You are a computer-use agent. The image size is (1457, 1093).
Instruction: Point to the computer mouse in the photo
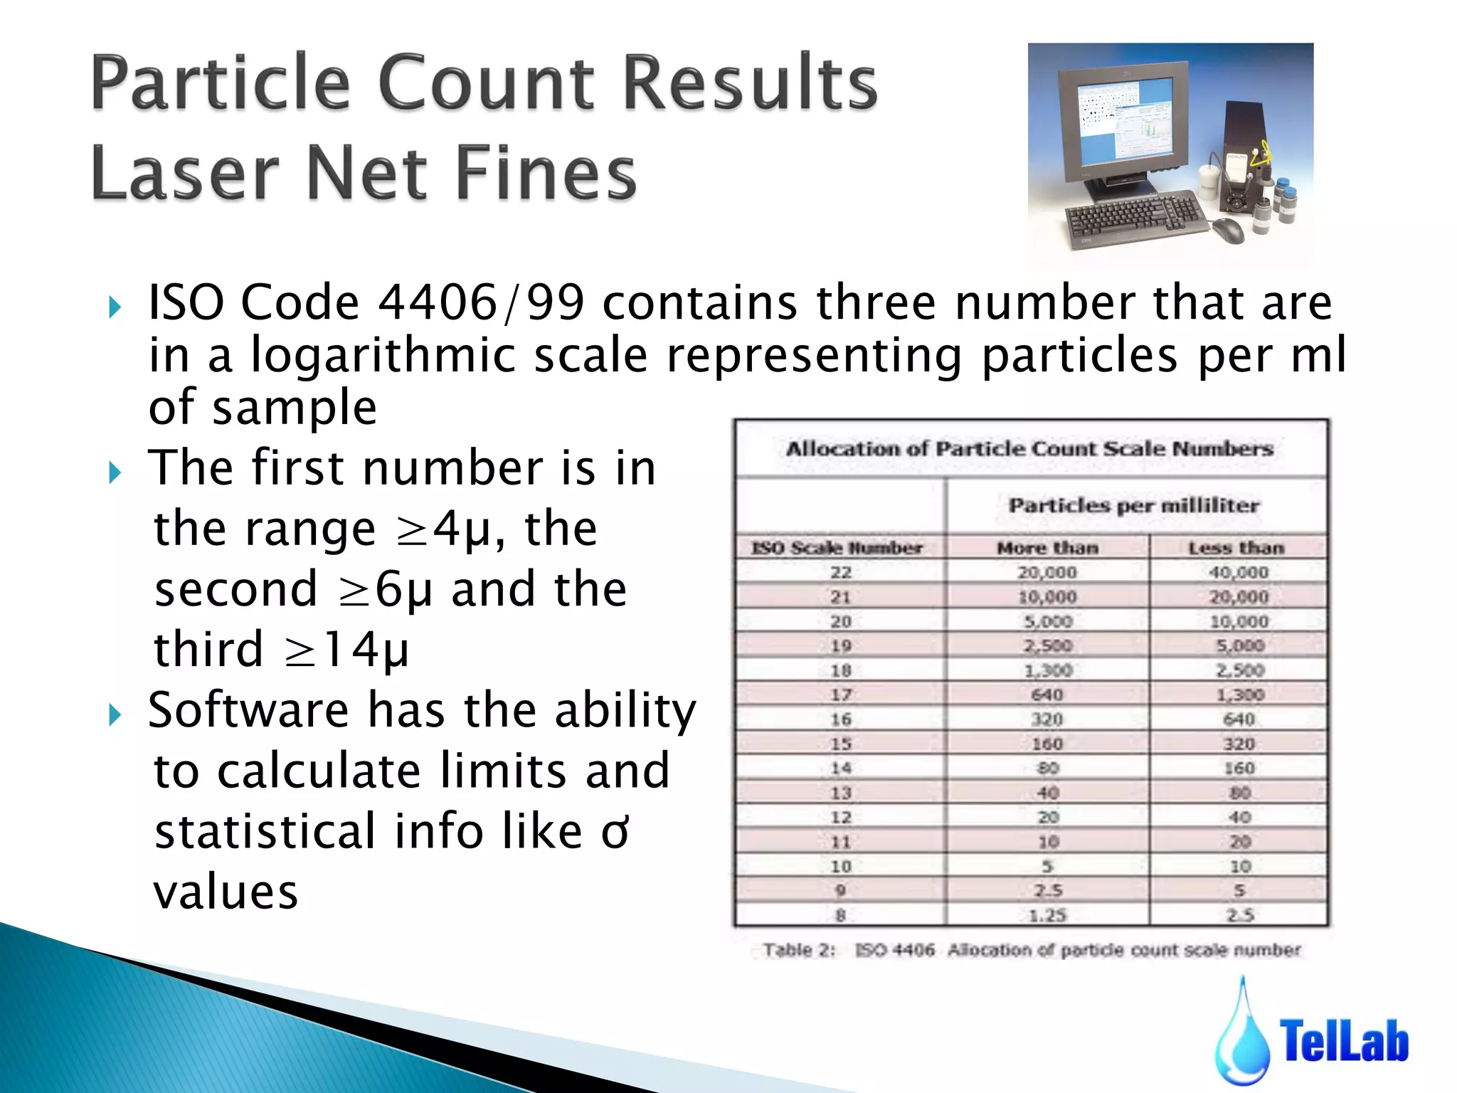[x=1228, y=229]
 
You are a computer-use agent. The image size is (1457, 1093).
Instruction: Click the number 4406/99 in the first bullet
[x=481, y=302]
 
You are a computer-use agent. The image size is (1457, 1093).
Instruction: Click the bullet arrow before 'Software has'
[x=115, y=714]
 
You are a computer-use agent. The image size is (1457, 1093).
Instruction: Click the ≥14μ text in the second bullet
[x=346, y=649]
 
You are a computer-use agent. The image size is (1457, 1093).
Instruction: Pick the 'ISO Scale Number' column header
[x=837, y=547]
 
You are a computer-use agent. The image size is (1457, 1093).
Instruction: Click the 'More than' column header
[x=1047, y=547]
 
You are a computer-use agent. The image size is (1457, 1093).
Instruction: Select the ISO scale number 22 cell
[x=841, y=572]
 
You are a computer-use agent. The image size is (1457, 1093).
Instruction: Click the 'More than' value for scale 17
[x=1047, y=695]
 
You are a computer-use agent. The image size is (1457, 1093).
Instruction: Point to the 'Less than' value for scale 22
[x=1239, y=572]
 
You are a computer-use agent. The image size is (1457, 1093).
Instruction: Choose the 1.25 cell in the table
[x=1047, y=915]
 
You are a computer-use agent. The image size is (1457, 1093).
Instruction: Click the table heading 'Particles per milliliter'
[x=1134, y=505]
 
